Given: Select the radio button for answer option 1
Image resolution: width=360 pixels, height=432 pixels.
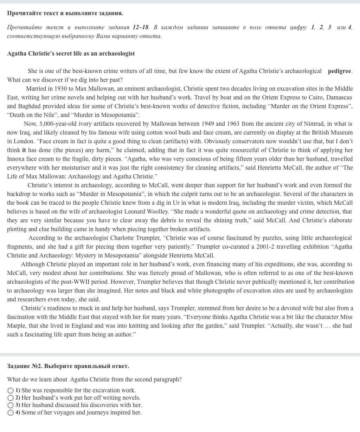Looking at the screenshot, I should [11, 391].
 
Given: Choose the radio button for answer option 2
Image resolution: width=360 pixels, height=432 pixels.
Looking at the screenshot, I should [11, 398].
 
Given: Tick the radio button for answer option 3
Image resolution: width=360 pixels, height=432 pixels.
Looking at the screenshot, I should [11, 405].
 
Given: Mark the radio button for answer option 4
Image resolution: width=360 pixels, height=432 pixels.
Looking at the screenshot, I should [11, 413].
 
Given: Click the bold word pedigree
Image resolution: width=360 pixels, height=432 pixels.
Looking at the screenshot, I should [339, 71].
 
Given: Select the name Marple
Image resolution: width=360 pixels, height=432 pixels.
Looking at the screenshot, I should [16, 326].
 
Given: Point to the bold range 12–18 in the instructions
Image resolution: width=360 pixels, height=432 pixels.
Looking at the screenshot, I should [141, 27].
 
